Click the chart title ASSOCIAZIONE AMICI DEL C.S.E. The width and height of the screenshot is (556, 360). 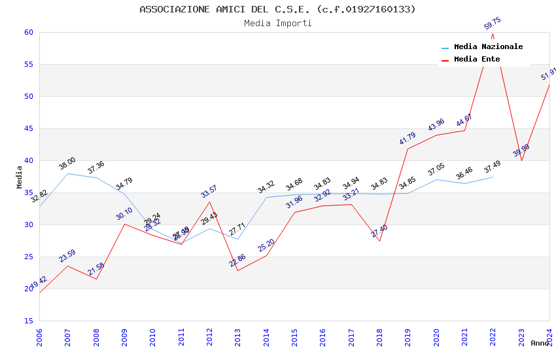click(277, 9)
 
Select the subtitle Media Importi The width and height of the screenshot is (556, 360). click(277, 23)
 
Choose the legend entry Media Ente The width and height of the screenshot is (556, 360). click(477, 60)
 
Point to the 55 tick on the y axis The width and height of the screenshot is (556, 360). click(28, 65)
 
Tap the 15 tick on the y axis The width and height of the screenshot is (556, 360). click(28, 321)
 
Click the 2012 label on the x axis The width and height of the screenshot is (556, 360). click(210, 337)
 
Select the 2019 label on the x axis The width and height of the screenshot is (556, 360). click(408, 337)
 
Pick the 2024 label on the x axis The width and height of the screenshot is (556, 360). click(550, 337)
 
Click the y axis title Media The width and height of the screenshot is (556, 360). click(20, 177)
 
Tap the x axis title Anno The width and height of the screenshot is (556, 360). click(540, 343)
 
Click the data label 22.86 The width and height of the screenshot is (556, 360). click(237, 261)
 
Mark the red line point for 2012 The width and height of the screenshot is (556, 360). click(210, 202)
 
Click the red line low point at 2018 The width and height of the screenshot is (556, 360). click(379, 241)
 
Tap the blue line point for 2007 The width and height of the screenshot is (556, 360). click(68, 173)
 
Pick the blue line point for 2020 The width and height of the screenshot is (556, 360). click(436, 179)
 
